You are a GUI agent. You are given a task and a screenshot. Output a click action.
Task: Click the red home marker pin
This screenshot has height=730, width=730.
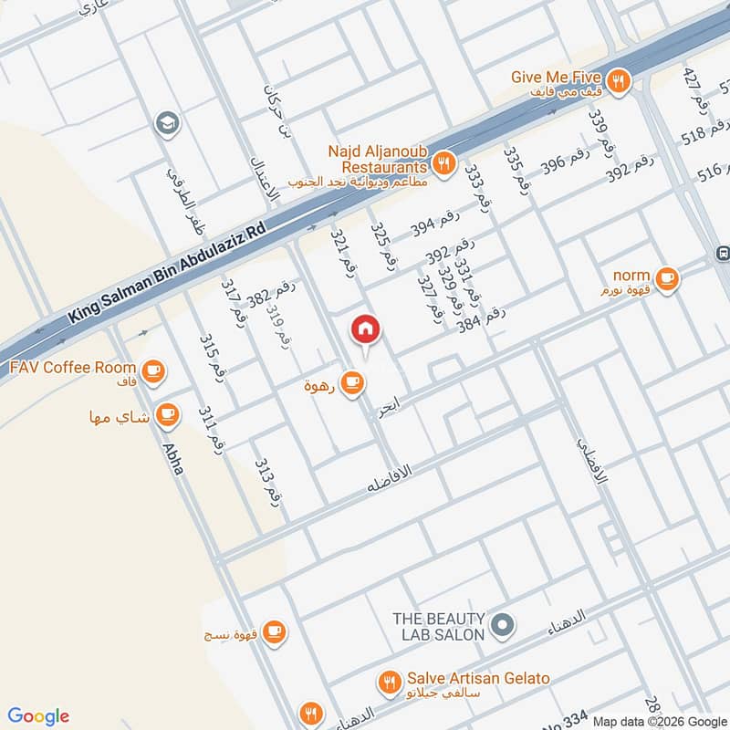(365, 329)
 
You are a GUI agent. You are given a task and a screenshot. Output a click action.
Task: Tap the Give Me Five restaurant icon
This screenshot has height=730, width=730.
(619, 80)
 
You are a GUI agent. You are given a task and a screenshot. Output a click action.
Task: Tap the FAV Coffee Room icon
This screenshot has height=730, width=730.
(152, 370)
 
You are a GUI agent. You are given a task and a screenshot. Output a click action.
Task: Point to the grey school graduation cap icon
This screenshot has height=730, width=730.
(167, 122)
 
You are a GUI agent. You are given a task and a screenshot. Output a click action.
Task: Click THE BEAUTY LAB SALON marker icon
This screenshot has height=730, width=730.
(502, 625)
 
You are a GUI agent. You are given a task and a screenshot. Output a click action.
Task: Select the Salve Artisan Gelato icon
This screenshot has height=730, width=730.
(390, 682)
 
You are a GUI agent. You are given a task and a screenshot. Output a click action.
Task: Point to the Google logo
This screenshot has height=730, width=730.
(37, 716)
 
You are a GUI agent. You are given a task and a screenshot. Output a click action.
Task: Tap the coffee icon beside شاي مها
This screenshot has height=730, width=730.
(167, 415)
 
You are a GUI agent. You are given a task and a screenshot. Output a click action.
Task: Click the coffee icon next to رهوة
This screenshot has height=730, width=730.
(352, 383)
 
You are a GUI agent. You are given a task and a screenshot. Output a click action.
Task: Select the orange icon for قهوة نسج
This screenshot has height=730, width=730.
(273, 631)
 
